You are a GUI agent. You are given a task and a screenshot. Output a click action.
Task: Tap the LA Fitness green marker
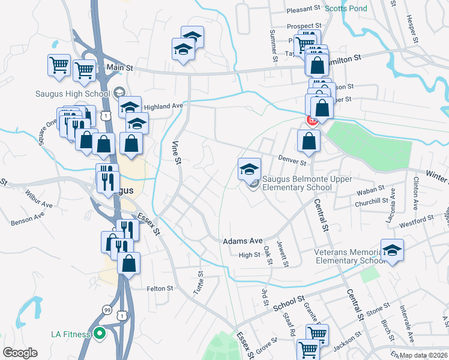click(100, 334)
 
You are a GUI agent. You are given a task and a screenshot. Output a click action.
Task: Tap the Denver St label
click(292, 160)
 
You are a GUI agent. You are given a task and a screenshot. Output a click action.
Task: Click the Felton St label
click(160, 289)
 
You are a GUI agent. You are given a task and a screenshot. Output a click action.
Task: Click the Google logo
click(20, 353)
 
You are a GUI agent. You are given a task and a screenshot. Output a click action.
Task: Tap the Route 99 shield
click(106, 310)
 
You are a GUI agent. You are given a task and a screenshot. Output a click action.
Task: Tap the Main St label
click(119, 68)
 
